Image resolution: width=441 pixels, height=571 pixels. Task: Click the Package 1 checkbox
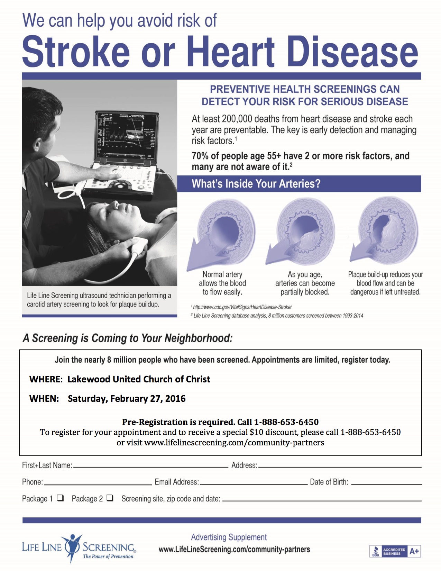61,498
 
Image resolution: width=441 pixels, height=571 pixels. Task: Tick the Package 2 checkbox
110,498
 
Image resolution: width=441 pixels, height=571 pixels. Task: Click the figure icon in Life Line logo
72,547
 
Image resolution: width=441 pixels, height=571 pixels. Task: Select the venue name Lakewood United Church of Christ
139,379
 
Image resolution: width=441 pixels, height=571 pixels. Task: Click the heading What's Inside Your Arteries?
256,184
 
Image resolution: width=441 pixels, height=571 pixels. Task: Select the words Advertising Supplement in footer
229,537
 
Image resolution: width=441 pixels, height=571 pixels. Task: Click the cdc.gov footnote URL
242,307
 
